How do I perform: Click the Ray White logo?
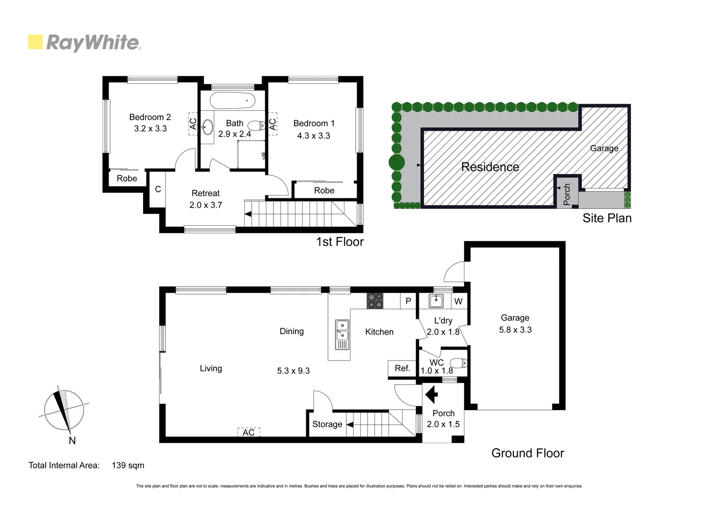pos(85,42)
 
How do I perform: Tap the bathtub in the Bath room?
pos(232,100)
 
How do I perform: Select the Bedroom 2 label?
pos(150,117)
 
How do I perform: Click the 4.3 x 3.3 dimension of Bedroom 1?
pos(313,136)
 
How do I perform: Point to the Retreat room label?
pos(206,193)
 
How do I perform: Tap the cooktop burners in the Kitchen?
pos(375,301)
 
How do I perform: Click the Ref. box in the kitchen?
pos(402,368)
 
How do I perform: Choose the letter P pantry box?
pos(408,301)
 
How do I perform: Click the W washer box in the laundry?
pos(458,302)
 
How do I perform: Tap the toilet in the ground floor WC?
pos(458,363)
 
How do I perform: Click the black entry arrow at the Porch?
pos(431,394)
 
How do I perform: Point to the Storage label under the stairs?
pos(327,424)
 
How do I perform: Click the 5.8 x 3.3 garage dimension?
pos(515,330)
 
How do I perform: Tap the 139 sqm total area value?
pos(128,465)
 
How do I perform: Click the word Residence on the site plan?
pos(490,167)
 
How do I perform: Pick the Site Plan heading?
pos(607,218)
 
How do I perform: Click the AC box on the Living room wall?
pos(248,432)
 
